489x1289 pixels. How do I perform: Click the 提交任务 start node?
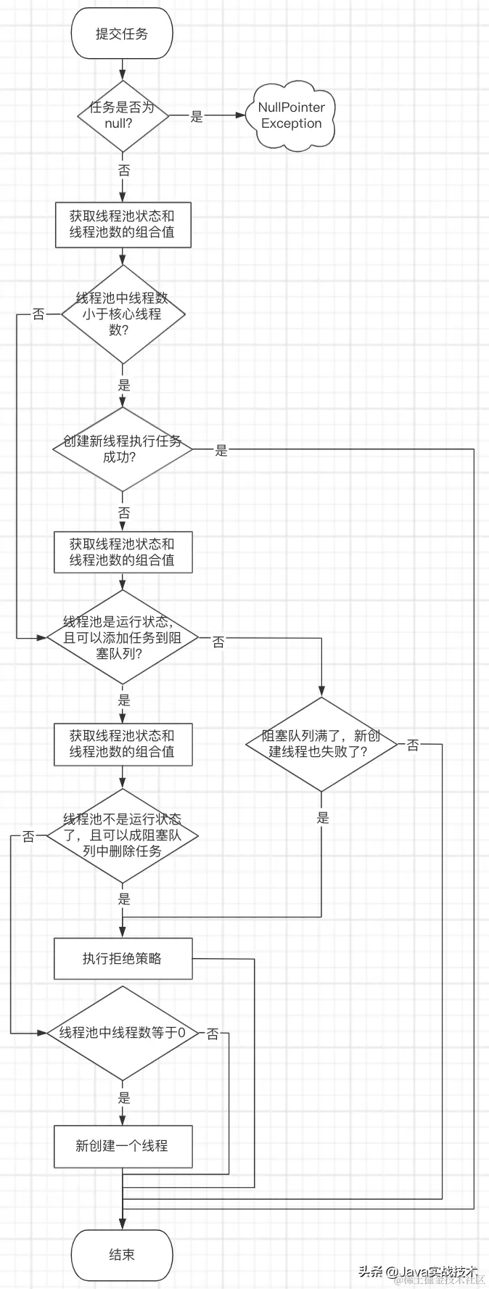122,33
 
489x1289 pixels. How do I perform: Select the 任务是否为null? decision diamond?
123,115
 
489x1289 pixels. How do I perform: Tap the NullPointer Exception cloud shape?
292,115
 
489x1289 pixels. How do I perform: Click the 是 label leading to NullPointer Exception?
197,116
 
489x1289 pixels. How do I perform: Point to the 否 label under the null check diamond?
123,170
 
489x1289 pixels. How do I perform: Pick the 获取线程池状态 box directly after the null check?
123,224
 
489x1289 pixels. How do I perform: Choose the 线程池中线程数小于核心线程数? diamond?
123,314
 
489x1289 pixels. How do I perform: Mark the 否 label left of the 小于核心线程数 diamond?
38,314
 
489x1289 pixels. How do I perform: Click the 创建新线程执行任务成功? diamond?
122,449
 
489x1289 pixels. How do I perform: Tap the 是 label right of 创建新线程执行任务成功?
221,450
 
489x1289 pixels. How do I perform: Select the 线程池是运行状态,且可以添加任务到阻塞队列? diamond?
122,637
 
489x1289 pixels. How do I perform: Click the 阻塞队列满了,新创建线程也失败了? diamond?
321,744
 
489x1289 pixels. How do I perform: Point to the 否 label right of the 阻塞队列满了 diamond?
413,745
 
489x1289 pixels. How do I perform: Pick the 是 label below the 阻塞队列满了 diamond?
322,817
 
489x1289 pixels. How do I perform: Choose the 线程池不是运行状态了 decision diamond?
122,835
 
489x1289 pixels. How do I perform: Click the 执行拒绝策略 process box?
123,958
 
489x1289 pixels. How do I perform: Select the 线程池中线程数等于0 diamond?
122,1032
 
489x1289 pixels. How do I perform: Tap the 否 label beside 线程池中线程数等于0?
213,1034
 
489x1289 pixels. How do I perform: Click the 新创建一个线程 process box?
123,1146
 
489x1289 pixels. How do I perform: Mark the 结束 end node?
122,1254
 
